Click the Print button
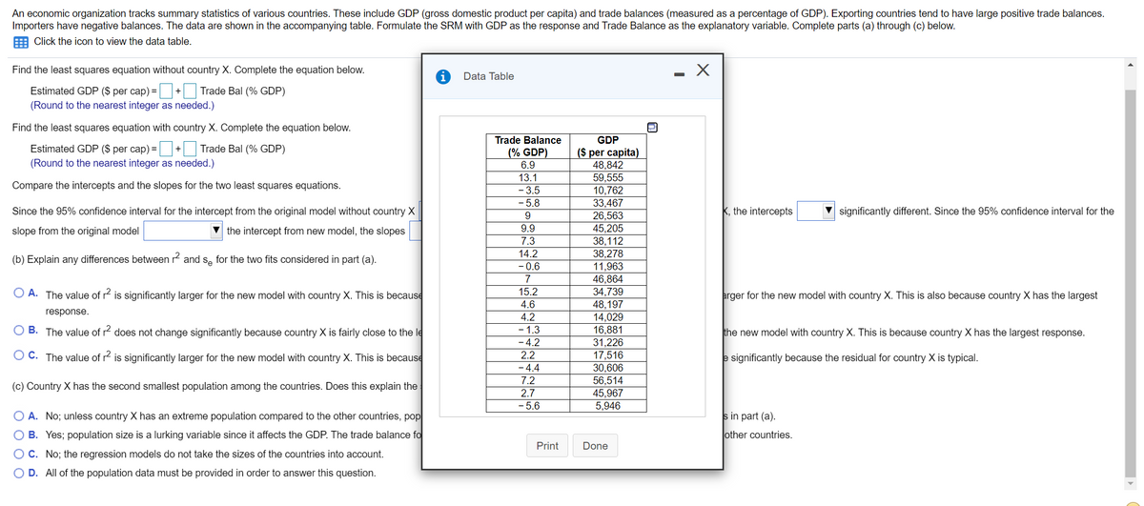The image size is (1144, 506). point(547,446)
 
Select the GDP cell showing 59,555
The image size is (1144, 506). point(608,177)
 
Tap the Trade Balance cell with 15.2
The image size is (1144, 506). point(527,292)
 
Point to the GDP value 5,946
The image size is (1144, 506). point(608,405)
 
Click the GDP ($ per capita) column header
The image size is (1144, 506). point(608,146)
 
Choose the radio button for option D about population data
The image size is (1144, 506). point(19,473)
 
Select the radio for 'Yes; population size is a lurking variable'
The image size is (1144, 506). point(19,435)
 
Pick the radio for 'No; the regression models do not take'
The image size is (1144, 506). point(19,454)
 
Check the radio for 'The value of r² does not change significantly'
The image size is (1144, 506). point(19,332)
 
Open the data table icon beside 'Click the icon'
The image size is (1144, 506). point(21,41)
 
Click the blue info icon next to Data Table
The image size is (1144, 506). point(442,76)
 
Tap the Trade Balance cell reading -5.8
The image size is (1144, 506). point(527,203)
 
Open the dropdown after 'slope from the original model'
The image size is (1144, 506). point(183,231)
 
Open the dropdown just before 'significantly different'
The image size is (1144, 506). point(817,211)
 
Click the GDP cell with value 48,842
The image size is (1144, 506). point(608,165)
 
